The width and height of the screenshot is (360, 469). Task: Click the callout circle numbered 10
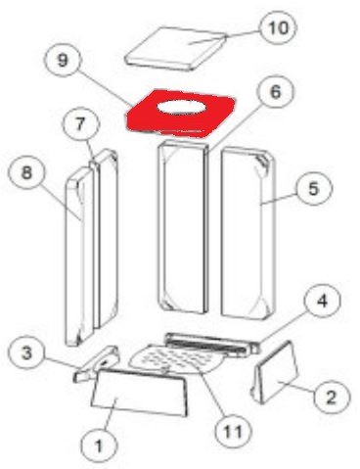tap(278, 27)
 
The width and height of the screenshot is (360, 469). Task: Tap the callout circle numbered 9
tap(63, 60)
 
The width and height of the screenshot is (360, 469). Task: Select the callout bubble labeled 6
tap(276, 92)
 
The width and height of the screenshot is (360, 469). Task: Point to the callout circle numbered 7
tap(80, 124)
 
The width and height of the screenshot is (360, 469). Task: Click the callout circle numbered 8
tap(26, 171)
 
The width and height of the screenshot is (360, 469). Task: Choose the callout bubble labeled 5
tap(313, 188)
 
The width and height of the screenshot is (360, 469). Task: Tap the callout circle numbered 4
tap(322, 301)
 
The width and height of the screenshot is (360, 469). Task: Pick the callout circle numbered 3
tap(26, 352)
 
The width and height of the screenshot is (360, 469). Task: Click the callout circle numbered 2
tap(331, 398)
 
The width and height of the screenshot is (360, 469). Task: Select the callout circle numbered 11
tap(234, 431)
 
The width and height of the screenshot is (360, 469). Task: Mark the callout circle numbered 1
tap(99, 446)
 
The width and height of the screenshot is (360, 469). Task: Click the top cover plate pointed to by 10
tap(176, 49)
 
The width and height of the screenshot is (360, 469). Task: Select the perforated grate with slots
tap(178, 359)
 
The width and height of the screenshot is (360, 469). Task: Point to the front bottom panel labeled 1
tap(140, 394)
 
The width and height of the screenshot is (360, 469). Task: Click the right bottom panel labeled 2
tap(276, 374)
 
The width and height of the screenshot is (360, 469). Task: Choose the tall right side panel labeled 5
tap(248, 232)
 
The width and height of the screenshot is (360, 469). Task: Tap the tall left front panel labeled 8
tap(79, 258)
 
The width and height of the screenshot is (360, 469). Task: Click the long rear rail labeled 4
tap(213, 345)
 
